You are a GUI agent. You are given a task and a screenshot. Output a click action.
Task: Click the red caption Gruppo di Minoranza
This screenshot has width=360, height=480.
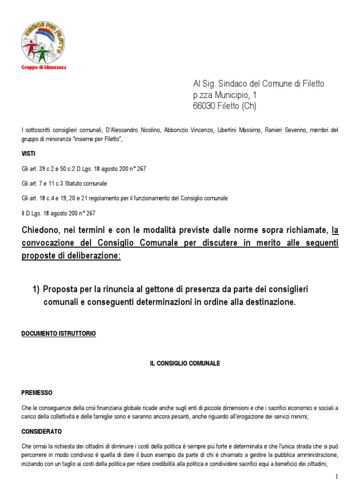(44, 67)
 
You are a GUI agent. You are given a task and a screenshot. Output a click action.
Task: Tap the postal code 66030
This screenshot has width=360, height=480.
(205, 106)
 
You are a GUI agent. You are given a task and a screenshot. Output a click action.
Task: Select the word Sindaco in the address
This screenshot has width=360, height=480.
(234, 84)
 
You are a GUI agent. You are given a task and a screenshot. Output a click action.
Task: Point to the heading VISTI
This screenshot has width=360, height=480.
(28, 154)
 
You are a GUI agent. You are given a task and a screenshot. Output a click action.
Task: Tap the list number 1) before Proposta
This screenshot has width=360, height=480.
(36, 289)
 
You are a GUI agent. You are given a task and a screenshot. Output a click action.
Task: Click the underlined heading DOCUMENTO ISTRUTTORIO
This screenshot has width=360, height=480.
(59, 334)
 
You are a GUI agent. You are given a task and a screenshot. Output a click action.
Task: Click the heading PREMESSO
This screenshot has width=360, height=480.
(37, 393)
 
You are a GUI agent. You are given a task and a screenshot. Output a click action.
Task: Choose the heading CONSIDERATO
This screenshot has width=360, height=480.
(41, 431)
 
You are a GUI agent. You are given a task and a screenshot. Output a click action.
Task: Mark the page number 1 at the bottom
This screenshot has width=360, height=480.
(350, 476)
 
